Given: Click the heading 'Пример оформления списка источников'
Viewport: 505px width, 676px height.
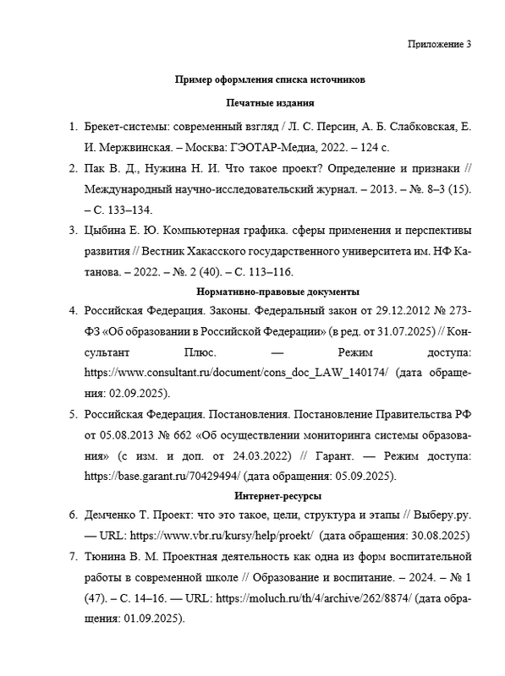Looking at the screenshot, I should click(269, 81).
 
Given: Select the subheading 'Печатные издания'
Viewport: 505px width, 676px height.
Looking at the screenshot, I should click(271, 103).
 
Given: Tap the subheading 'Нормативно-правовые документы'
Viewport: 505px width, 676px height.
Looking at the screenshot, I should click(271, 291).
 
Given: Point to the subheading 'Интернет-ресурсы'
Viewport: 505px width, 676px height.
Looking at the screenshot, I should click(271, 495).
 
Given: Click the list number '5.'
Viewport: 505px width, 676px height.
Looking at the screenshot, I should click(73, 415).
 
